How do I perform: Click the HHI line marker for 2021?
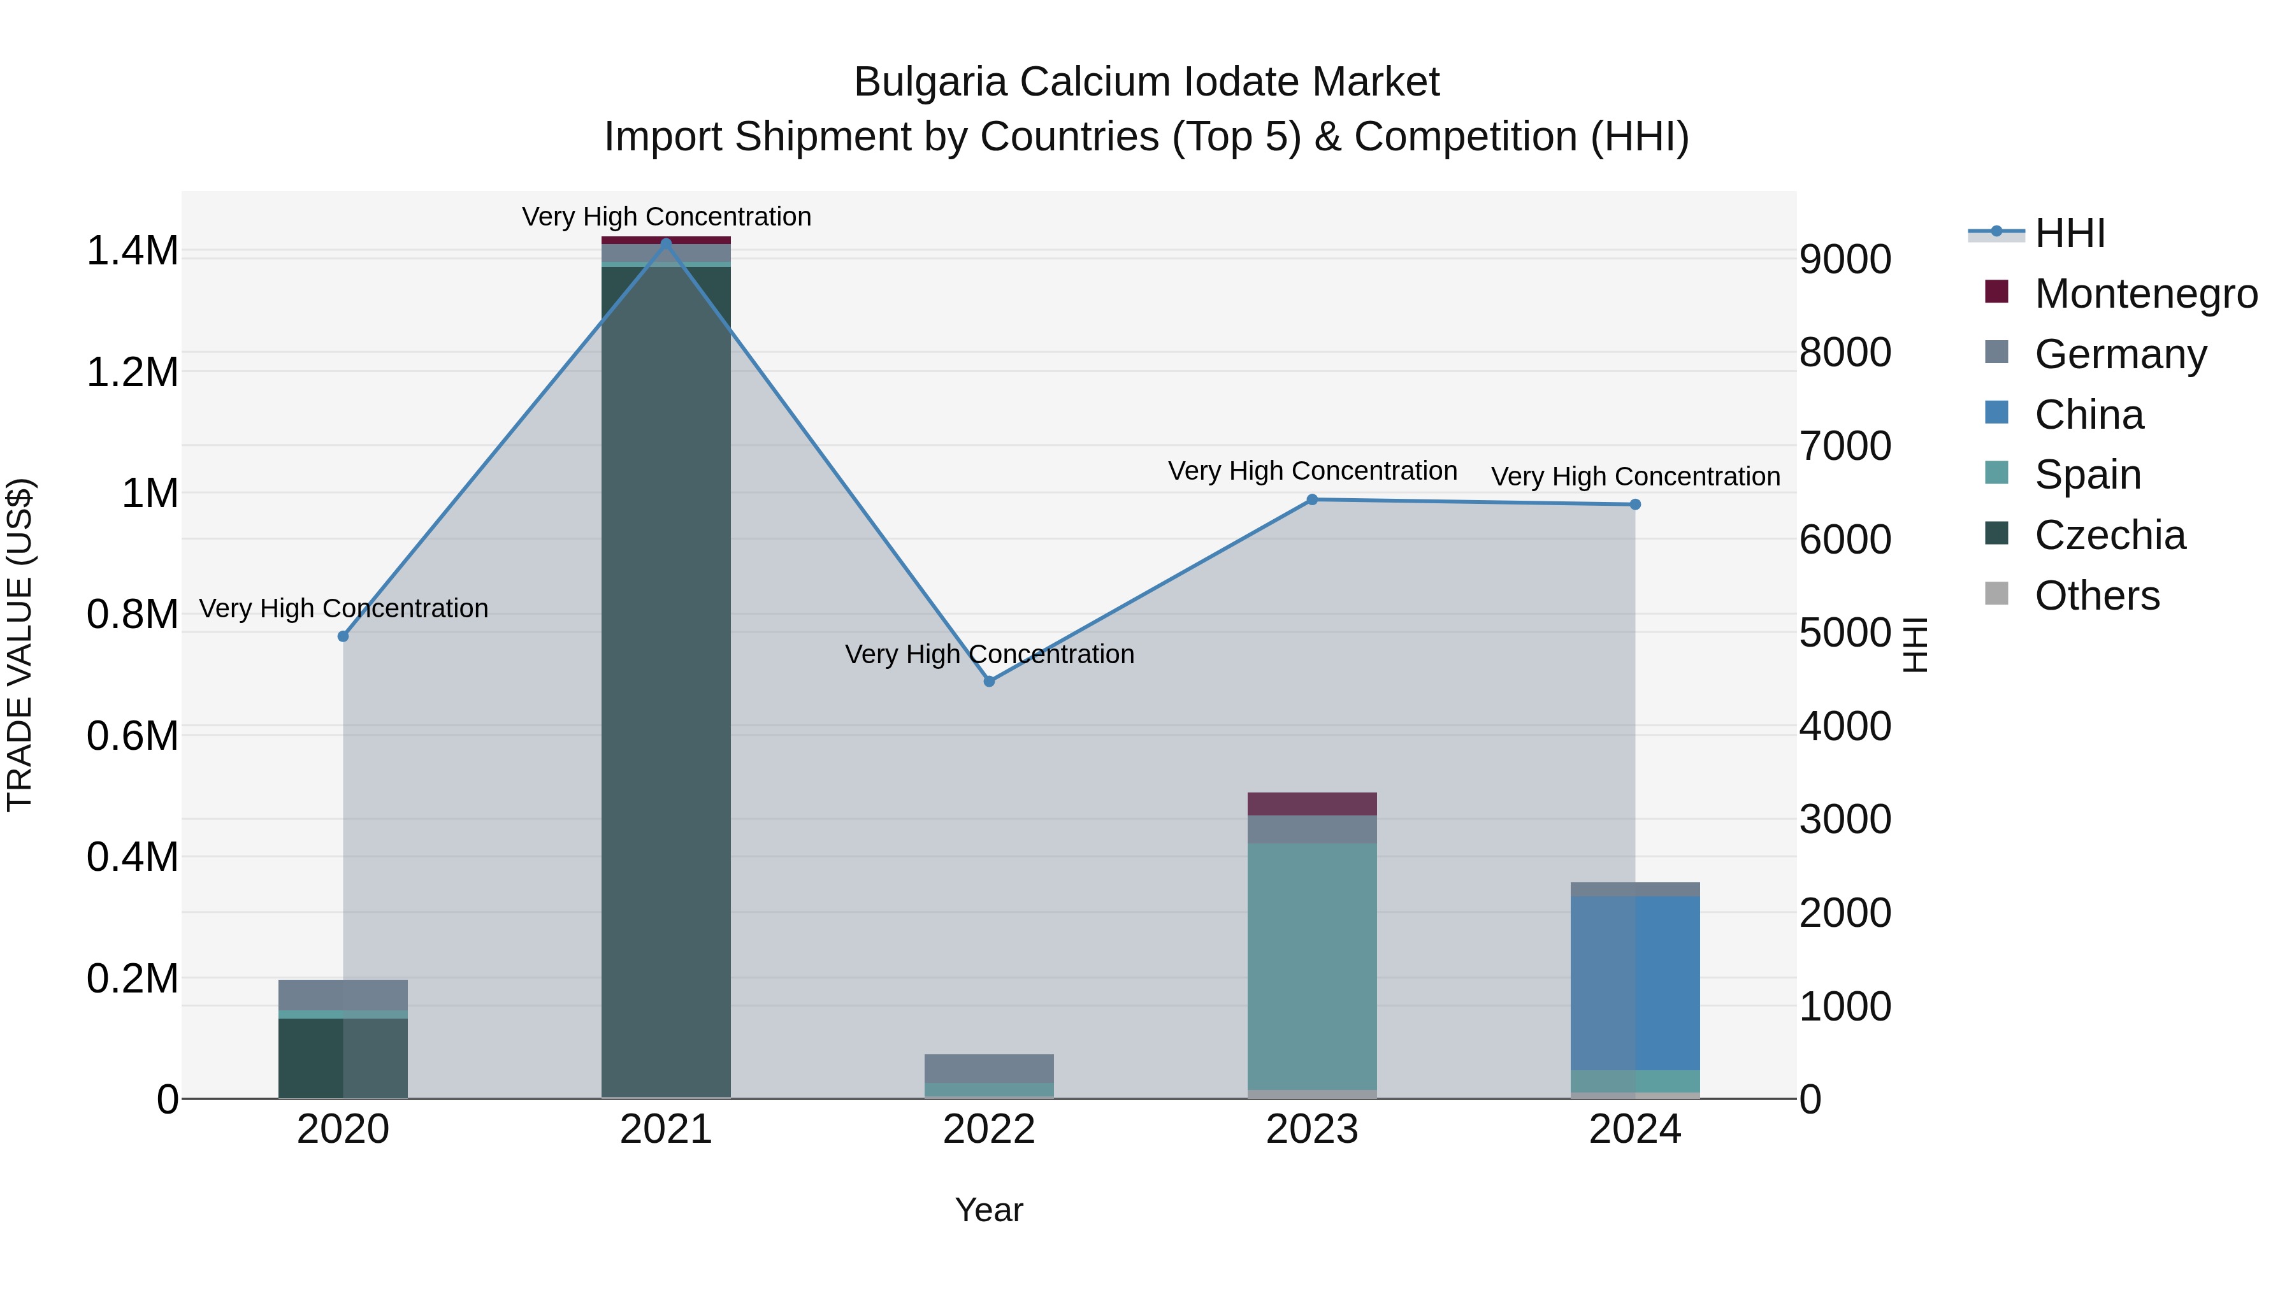click(666, 243)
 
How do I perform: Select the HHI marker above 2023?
click(1312, 499)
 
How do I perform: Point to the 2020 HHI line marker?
click(343, 636)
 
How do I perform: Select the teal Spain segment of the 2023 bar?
click(1312, 966)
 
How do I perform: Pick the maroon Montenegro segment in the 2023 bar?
click(1312, 803)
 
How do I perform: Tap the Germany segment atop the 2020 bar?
click(343, 994)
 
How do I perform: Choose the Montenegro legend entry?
click(2146, 293)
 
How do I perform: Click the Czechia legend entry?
click(2110, 535)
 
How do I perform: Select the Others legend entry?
click(2097, 596)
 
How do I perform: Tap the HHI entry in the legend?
click(2070, 233)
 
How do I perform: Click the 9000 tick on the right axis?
click(1845, 259)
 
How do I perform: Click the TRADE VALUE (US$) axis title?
click(20, 645)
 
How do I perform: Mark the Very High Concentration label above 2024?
click(1635, 477)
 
